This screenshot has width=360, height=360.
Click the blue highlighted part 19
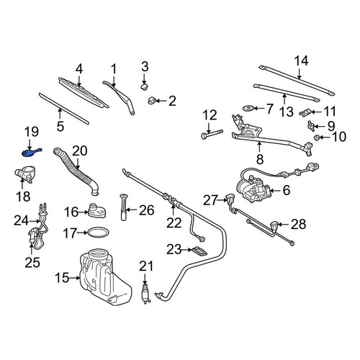(31, 153)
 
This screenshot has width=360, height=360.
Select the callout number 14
(301, 61)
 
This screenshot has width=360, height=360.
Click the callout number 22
(174, 223)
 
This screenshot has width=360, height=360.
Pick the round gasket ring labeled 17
(98, 233)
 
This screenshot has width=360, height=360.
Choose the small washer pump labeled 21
(145, 293)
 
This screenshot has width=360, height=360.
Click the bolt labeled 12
(212, 135)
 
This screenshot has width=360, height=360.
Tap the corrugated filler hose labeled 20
(76, 171)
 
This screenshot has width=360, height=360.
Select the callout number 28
(298, 225)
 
